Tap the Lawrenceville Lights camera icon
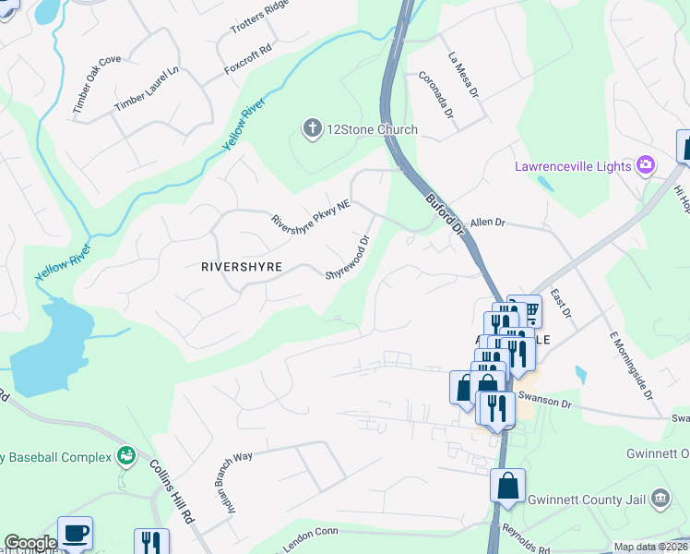pyautogui.click(x=646, y=165)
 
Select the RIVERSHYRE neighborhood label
pyautogui.click(x=241, y=266)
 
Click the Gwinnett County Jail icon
pyautogui.click(x=660, y=499)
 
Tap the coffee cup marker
pyautogui.click(x=75, y=534)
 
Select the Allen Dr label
pyautogui.click(x=488, y=223)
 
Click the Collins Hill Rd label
pyautogui.click(x=172, y=487)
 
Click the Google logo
pyautogui.click(x=30, y=543)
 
